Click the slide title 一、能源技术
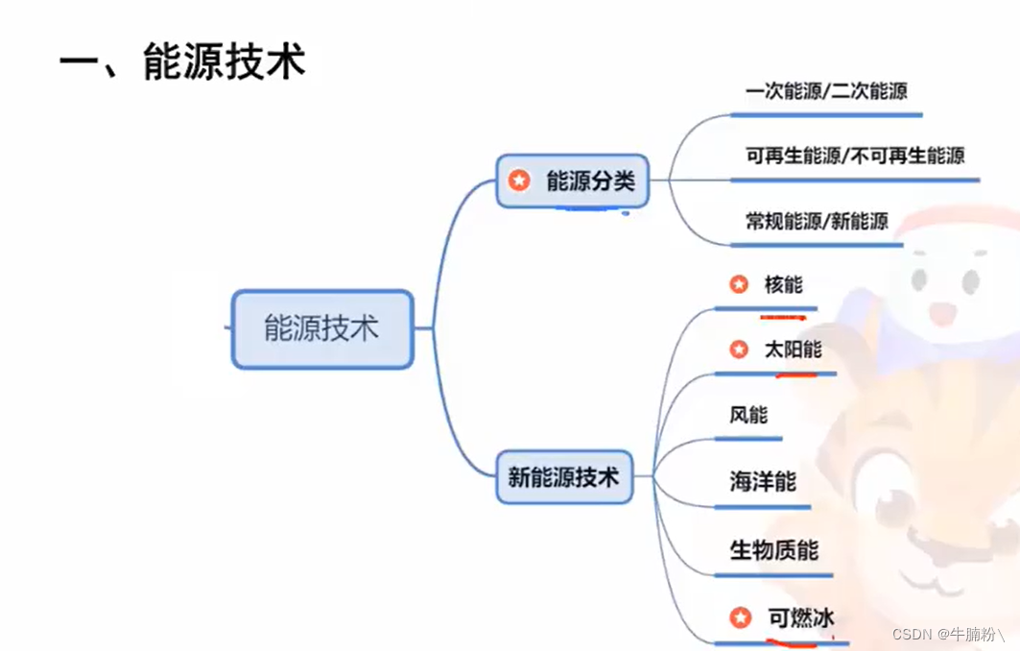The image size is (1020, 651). (x=182, y=62)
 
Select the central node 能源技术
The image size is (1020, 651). (x=322, y=328)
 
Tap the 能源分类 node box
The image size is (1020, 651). (x=573, y=181)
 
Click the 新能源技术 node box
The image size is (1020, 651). (x=564, y=476)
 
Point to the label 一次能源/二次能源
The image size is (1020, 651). (x=826, y=91)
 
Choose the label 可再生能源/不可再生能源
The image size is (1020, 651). (x=855, y=155)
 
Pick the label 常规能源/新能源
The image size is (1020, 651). (x=817, y=221)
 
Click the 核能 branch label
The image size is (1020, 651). (x=784, y=284)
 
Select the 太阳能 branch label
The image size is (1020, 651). (x=793, y=349)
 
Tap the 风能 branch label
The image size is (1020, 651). (x=748, y=415)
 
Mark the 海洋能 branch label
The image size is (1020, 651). (x=763, y=480)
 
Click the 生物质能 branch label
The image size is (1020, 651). (x=774, y=550)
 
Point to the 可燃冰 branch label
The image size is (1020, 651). (x=801, y=618)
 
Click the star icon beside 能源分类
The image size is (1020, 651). (x=519, y=181)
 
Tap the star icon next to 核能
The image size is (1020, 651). (x=739, y=284)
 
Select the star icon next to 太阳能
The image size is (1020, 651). (x=739, y=350)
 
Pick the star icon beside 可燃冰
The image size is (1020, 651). (x=739, y=617)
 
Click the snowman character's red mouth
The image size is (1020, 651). (x=942, y=312)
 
